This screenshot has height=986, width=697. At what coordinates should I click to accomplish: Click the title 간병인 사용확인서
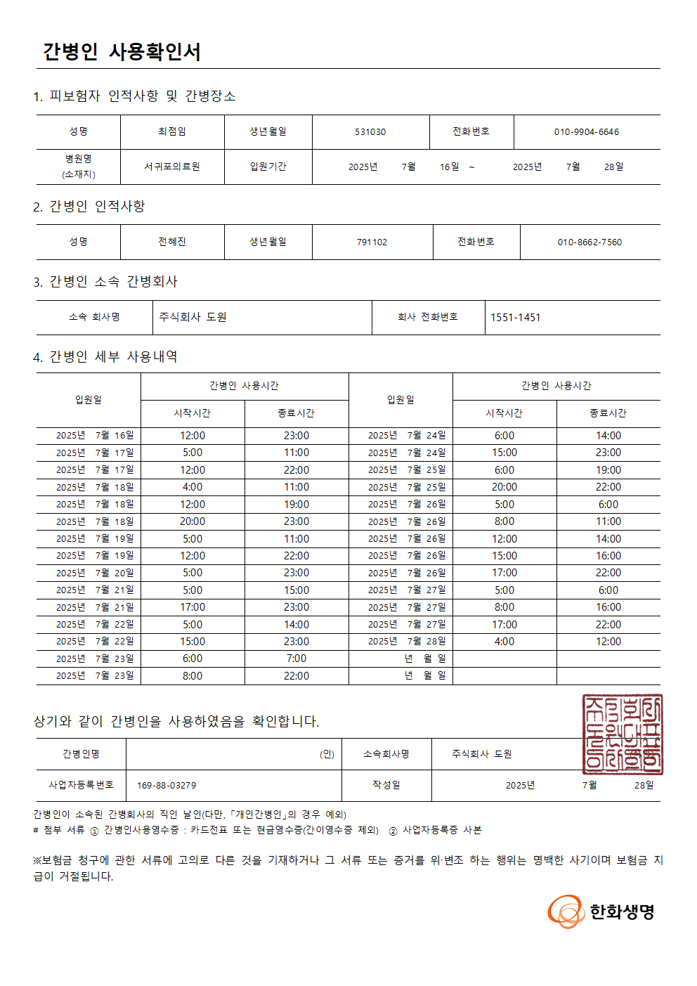pos(122,51)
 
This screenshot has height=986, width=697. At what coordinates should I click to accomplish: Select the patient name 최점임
pos(172,131)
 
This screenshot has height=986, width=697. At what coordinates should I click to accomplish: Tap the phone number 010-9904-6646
pos(586,132)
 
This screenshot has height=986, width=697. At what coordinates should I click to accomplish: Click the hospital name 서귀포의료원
pos(172,167)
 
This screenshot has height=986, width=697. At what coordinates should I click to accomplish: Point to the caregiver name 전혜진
pos(172,242)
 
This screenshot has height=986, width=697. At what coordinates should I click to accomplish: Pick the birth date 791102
pos(372,242)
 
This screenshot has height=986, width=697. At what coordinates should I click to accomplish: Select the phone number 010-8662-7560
pos(589,242)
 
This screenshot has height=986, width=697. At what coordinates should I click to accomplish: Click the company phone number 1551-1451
pos(515,318)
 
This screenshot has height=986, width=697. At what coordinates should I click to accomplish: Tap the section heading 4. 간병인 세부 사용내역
pos(105,357)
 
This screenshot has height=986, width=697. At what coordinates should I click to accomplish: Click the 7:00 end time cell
pos(297,659)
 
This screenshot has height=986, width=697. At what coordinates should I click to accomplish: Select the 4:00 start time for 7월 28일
pos(504,642)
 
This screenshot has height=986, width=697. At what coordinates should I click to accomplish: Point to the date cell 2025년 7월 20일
pos(95,573)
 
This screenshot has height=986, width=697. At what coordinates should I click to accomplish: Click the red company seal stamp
pos(623,734)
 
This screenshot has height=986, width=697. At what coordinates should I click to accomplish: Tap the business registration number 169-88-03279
pos(167,785)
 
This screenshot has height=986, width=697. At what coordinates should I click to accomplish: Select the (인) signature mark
pos(327,754)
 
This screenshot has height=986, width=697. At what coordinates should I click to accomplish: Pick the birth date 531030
pos(370,132)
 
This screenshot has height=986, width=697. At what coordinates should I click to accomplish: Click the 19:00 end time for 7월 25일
pos(608,470)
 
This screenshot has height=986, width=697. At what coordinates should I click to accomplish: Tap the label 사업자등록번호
pos(81,784)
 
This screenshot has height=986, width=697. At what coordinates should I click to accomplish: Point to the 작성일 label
pos(386,784)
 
